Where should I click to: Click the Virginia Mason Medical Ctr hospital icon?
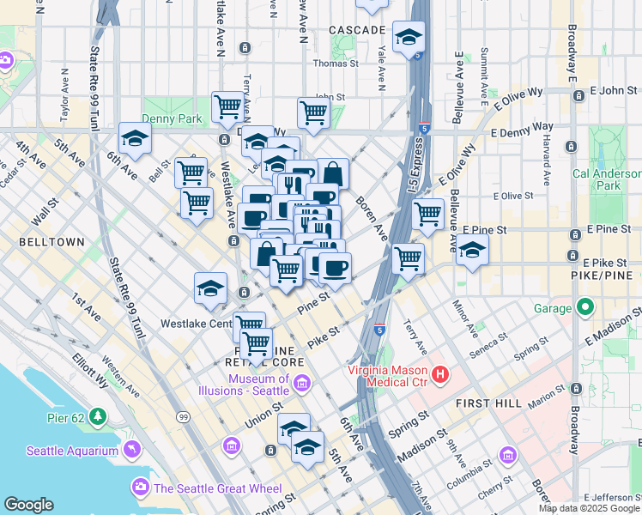tap(440, 374)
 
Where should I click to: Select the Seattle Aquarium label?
tap(72, 451)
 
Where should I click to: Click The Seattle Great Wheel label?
tap(218, 488)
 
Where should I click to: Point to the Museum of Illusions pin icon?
tap(300, 385)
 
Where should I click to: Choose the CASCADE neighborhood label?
tap(357, 30)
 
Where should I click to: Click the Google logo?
tap(29, 504)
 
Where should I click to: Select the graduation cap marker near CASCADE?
tap(409, 36)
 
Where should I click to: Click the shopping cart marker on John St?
tap(314, 112)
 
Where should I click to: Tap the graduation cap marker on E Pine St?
tap(471, 250)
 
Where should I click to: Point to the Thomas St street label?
tap(330, 63)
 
